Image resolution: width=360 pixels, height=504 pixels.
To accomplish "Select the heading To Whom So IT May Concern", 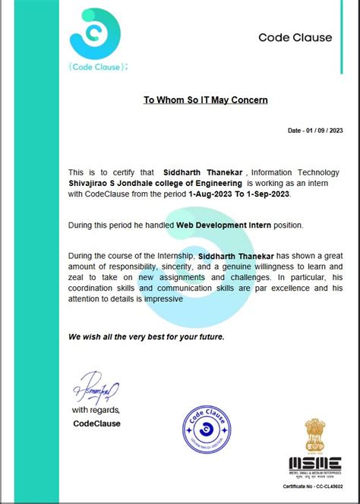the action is (206, 99).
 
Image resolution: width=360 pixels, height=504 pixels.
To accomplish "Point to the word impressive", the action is (163, 299).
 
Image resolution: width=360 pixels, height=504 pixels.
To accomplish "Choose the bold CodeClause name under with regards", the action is (96, 423).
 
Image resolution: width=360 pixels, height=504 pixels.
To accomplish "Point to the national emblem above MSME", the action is (314, 436).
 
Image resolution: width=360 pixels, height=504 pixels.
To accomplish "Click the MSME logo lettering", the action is (314, 462).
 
